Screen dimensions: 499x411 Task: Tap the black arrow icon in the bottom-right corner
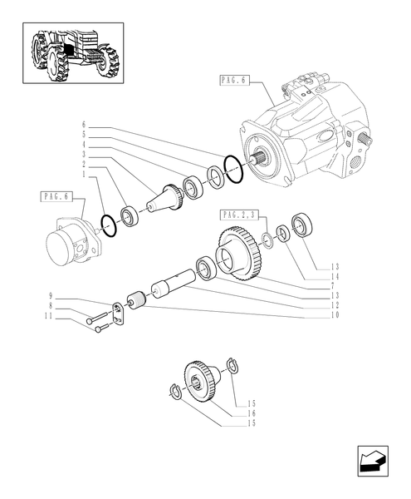(x=371, y=462)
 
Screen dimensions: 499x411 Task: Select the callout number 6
(x=83, y=125)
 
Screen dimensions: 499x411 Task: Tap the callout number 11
(x=51, y=318)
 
